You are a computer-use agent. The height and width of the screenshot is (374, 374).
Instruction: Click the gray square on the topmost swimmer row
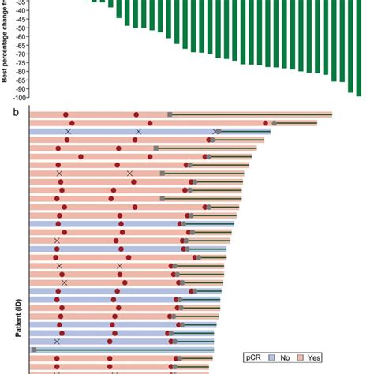point(170,115)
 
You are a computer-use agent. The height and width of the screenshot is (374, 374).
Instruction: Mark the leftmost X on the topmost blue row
point(69,132)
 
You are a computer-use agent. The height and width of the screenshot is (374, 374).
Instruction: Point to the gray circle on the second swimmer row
point(274,123)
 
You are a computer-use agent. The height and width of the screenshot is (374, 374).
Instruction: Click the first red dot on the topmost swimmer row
point(65,115)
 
